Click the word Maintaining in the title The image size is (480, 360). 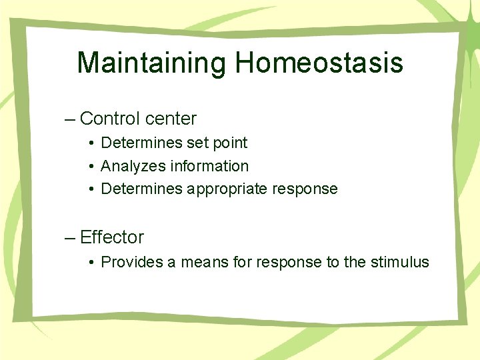tap(152, 63)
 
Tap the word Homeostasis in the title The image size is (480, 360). tap(319, 63)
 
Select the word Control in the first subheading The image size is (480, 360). tap(110, 119)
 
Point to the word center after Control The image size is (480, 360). tap(171, 119)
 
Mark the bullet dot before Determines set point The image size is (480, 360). tap(91, 143)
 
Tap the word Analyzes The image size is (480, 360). tap(132, 166)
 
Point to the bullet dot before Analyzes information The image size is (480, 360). tap(91, 167)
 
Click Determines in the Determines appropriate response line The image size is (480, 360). tap(141, 189)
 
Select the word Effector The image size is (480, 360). tap(111, 237)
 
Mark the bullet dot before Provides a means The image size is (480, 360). tap(91, 263)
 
